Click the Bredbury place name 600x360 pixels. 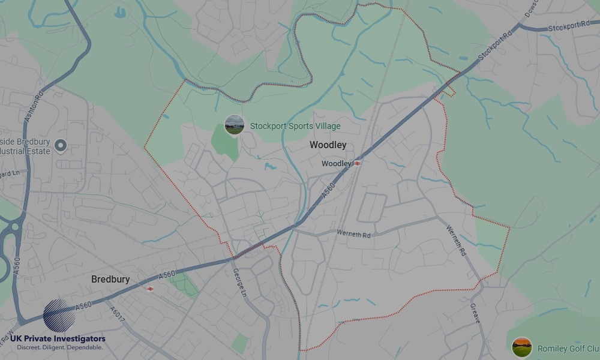coord(110,280)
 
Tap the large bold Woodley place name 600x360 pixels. coord(328,145)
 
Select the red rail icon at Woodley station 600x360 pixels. coord(358,163)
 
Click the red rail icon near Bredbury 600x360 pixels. coord(150,289)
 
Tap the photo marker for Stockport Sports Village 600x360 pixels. coord(234,125)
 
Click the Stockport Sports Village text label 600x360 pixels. coord(295,127)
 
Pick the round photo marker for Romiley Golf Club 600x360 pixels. coord(521,347)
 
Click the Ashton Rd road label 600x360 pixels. coord(35,107)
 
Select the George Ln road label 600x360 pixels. coord(240,282)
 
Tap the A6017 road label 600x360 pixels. coord(118,314)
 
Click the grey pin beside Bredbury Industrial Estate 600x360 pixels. coord(60,145)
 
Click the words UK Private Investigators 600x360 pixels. coord(58,339)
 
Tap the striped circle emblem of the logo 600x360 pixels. coord(59,315)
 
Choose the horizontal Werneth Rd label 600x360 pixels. coord(353,234)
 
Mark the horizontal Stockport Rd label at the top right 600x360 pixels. coord(565,28)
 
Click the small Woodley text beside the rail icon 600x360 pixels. coord(336,164)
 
